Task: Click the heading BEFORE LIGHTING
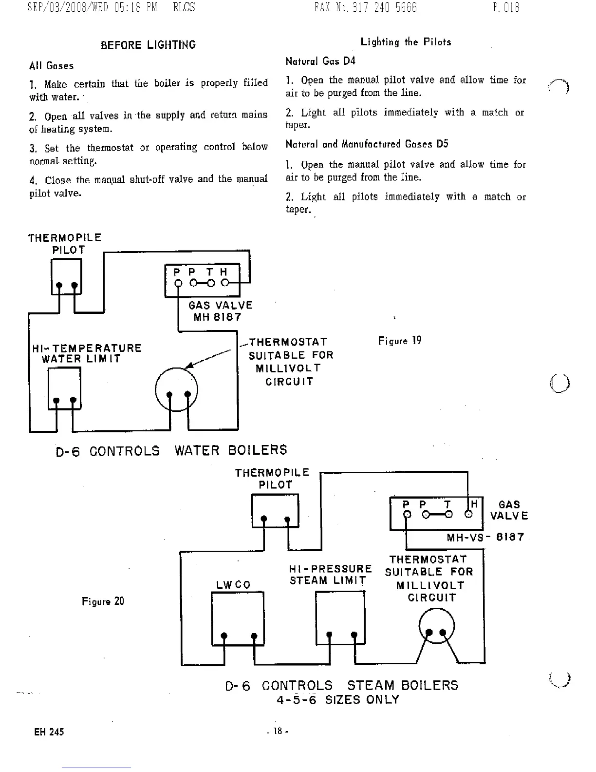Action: coord(148,45)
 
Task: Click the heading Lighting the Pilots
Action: coord(406,42)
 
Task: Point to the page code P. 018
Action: coord(506,7)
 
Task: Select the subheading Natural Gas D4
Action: coord(320,61)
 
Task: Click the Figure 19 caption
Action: coord(400,341)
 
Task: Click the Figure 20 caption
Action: coord(103,601)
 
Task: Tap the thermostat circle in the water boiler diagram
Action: coord(176,389)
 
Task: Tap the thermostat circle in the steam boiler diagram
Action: coord(436,627)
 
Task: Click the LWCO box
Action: coord(238,618)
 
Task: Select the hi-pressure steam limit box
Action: coord(340,618)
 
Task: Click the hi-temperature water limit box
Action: coord(64,388)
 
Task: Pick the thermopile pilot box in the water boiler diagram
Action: coord(66,276)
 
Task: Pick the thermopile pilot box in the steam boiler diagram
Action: coord(275,510)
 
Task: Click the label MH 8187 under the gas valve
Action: coord(217,317)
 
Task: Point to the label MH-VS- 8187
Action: coord(485,537)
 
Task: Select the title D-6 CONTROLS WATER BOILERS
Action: coord(171,450)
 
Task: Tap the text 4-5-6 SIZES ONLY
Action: coord(338,700)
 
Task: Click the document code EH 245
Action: coord(49,732)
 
